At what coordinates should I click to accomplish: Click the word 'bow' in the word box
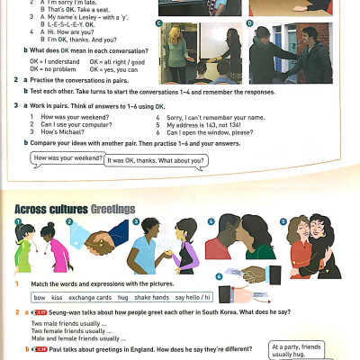[x=40, y=296]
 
